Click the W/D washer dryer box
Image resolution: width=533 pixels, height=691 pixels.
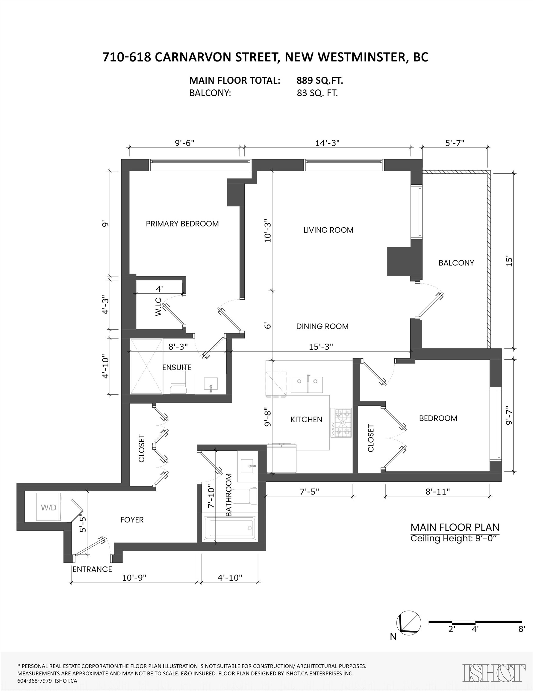point(49,507)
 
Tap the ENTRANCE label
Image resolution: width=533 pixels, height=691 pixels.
point(92,570)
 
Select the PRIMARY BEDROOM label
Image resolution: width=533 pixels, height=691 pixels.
point(182,224)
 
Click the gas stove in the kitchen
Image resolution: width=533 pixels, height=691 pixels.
point(341,422)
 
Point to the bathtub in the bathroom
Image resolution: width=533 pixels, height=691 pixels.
point(230,528)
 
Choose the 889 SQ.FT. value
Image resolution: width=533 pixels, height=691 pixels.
point(320,81)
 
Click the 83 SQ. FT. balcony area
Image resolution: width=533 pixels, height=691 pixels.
point(317,93)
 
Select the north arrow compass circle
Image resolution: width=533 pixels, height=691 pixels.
point(409,623)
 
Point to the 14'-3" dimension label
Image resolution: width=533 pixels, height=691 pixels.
point(327,143)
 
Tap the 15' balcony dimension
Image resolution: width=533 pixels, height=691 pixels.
point(509,261)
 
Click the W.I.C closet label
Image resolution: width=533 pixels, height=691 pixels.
point(158,306)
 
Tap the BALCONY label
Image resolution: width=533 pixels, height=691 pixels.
point(456,263)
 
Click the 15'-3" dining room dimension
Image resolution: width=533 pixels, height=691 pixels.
point(321,347)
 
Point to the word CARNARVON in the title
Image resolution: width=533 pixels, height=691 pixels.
point(211,57)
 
